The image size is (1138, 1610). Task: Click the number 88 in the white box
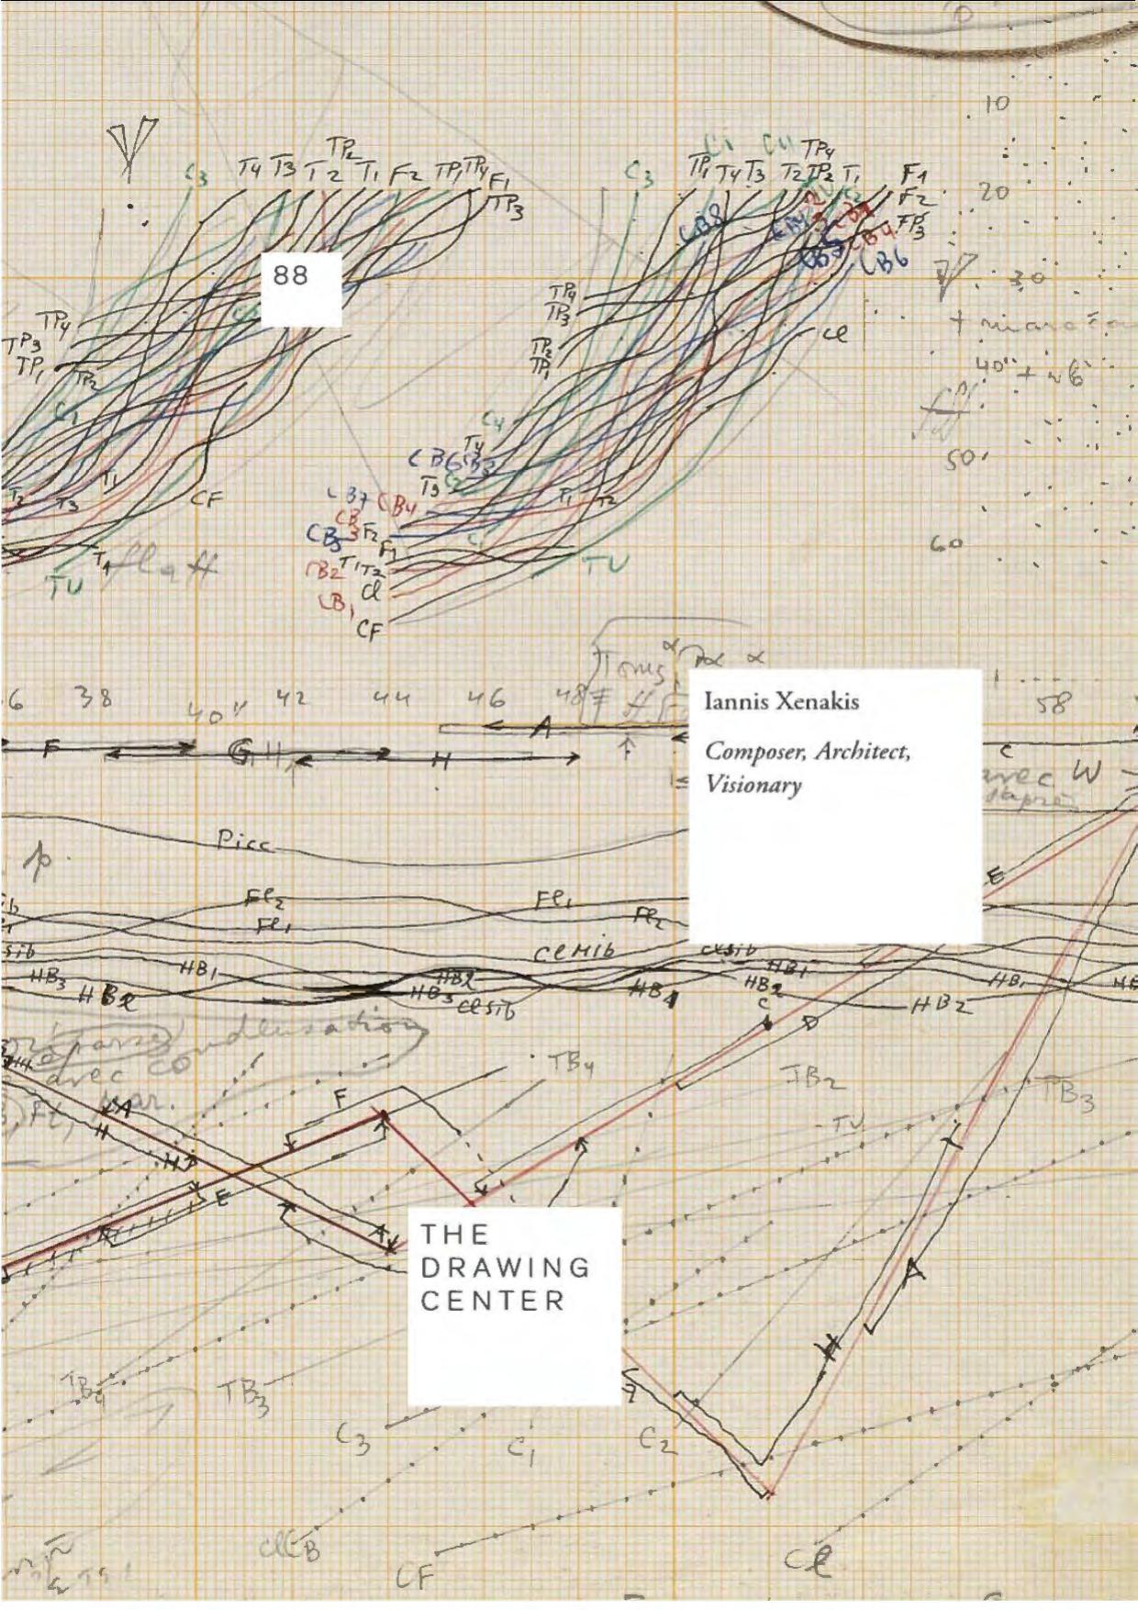tap(291, 275)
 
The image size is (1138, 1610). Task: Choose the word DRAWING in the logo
tap(505, 1268)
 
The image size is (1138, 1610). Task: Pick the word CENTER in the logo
tap(492, 1301)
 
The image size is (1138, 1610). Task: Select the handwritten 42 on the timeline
tap(291, 699)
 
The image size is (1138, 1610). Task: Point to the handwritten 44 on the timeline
tap(390, 699)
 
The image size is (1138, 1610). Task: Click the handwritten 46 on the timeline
tap(486, 699)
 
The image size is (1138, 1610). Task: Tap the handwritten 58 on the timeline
tap(1053, 705)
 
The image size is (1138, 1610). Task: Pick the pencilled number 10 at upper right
tap(997, 104)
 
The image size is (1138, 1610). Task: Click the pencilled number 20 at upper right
tap(995, 193)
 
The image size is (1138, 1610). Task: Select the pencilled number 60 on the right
tap(947, 544)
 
